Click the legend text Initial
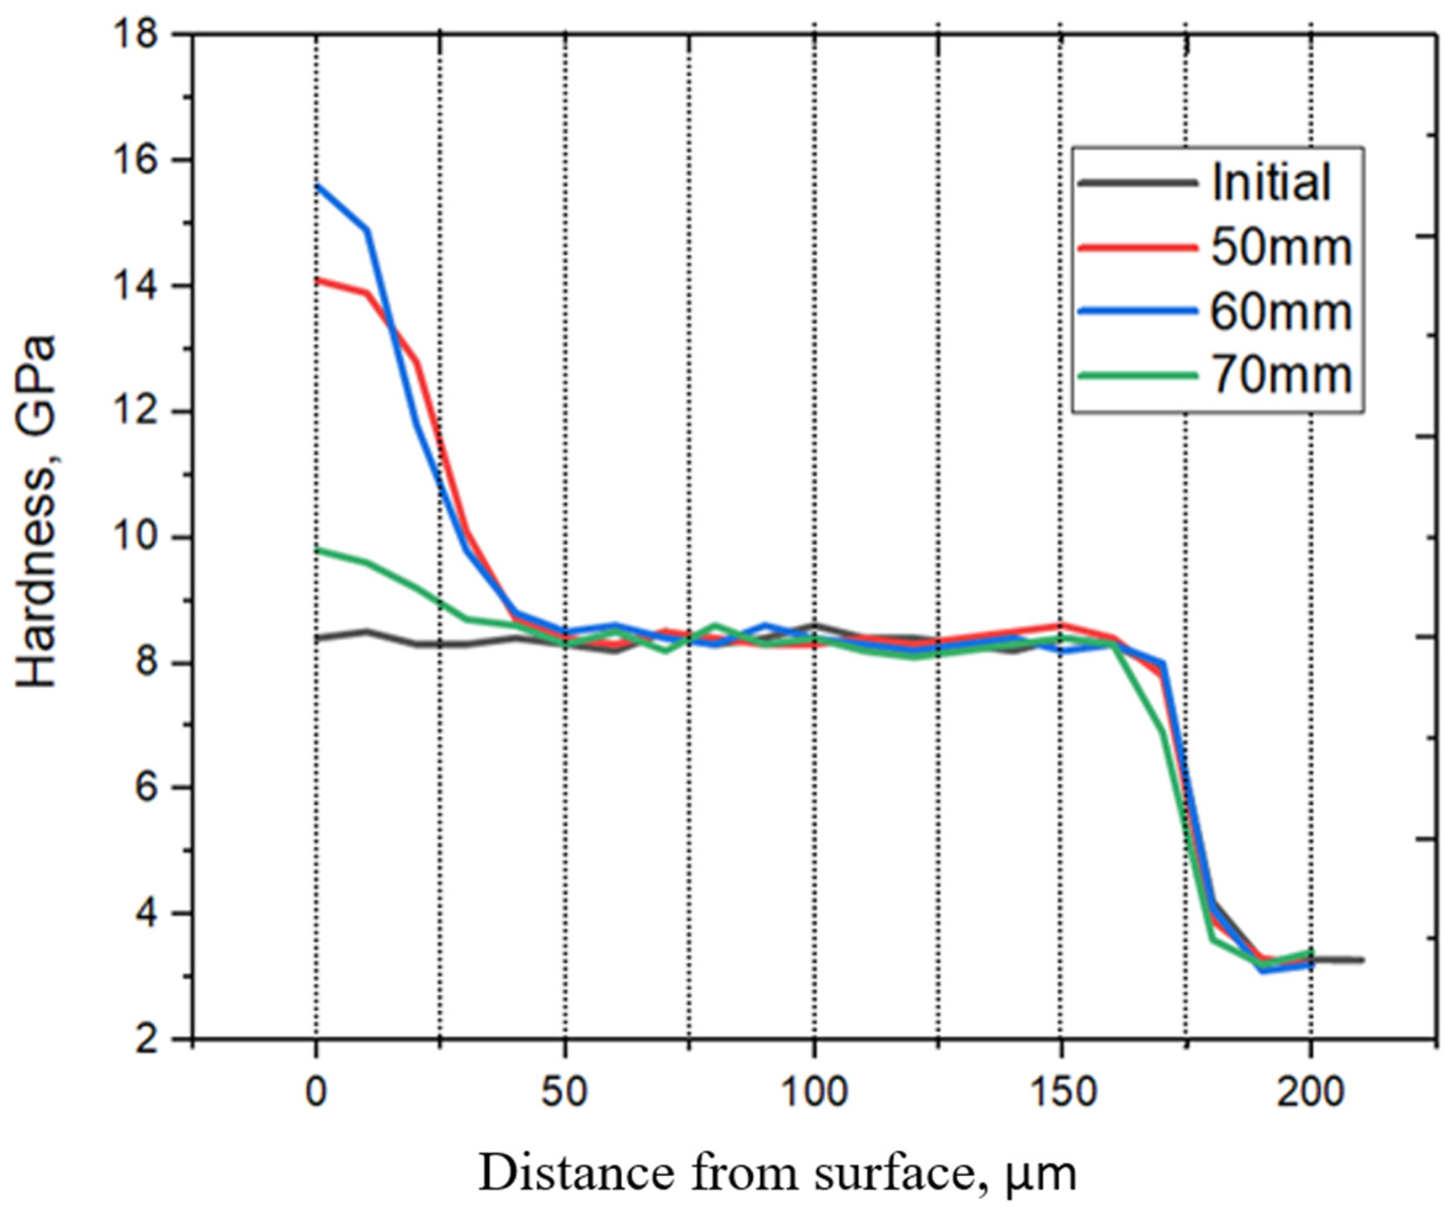[x=1271, y=182]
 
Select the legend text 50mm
[x=1281, y=247]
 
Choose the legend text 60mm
[x=1281, y=311]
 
